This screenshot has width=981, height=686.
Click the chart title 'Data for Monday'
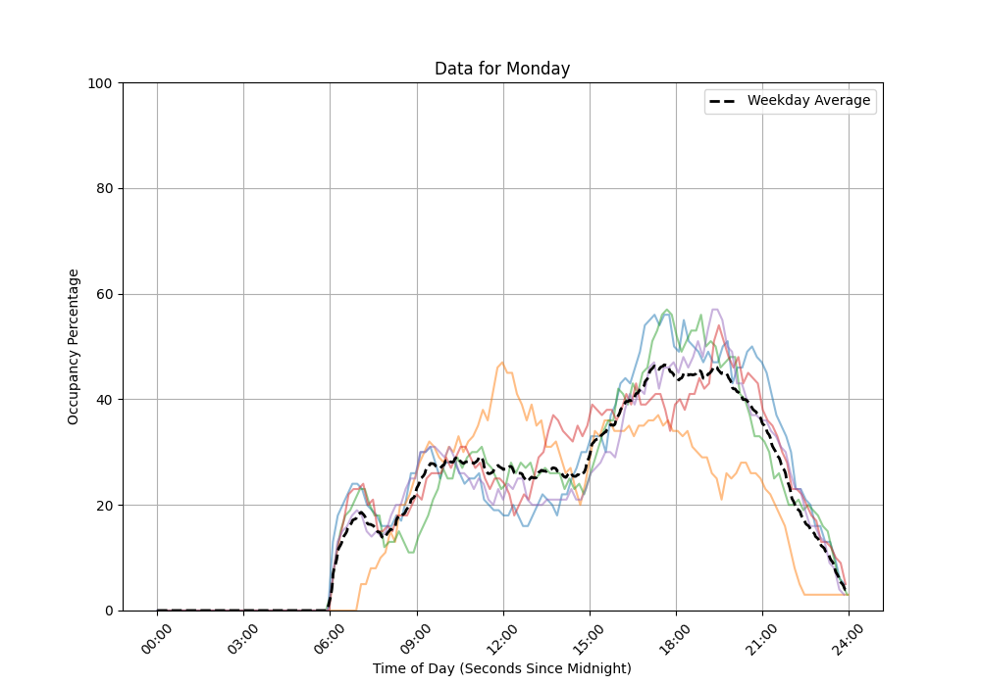(502, 69)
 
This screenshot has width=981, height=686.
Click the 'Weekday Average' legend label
(808, 101)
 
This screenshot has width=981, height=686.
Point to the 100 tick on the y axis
(100, 83)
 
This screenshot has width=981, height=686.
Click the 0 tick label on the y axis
(108, 611)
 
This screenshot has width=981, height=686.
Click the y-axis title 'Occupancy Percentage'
(74, 347)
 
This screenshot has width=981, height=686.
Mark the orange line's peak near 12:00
(502, 363)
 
